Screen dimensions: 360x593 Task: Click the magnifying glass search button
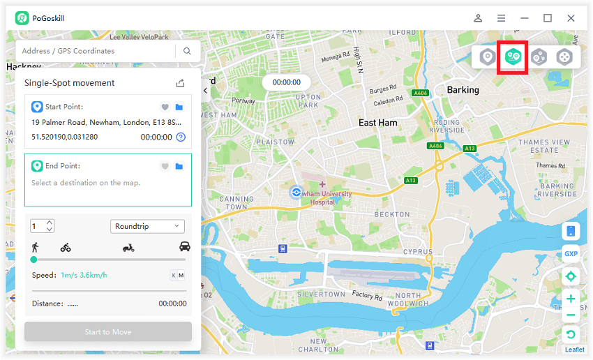point(187,51)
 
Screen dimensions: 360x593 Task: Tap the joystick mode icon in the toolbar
point(564,57)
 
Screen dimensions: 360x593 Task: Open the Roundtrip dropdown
point(147,226)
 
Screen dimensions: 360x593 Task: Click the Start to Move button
point(108,332)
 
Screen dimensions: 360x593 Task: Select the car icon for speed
point(185,247)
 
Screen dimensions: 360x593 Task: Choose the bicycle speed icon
point(66,247)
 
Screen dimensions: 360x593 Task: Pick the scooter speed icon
point(128,247)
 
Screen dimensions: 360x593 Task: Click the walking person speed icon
point(35,247)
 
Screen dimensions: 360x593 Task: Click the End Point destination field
point(108,183)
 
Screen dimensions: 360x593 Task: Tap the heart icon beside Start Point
point(165,107)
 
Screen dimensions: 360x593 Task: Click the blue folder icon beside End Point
point(179,166)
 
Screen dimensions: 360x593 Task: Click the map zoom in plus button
point(571,299)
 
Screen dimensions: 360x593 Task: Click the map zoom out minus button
point(571,315)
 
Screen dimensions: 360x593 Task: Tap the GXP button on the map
point(571,254)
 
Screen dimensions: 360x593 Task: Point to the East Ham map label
point(377,123)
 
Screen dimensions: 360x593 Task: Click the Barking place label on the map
point(463,90)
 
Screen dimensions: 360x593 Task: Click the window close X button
point(571,18)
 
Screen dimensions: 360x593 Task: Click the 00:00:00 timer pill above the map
point(286,82)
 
